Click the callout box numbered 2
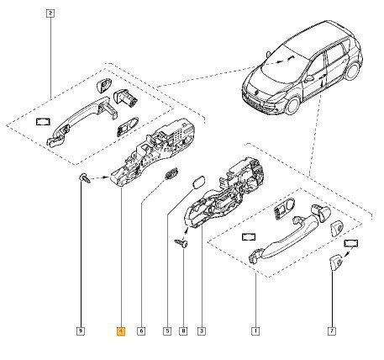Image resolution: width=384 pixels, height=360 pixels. [x=50, y=13]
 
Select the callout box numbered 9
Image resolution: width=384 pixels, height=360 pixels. [x=81, y=331]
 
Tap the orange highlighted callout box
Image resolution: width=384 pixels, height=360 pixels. [x=121, y=331]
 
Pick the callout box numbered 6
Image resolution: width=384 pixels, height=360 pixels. [x=141, y=331]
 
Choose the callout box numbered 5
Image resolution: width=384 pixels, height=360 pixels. [x=167, y=331]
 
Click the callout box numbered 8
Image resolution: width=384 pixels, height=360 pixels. [x=183, y=331]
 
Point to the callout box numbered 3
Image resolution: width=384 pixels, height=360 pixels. [x=202, y=331]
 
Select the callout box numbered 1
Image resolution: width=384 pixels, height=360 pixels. [x=255, y=331]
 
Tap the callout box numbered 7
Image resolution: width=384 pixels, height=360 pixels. [x=332, y=331]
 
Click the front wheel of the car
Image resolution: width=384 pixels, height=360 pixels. [x=292, y=105]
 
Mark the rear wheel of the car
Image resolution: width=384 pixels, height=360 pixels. [x=352, y=70]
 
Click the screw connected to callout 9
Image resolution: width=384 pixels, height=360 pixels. [x=84, y=178]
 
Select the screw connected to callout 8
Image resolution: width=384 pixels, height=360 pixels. [x=181, y=243]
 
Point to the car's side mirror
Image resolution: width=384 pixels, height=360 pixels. [x=309, y=78]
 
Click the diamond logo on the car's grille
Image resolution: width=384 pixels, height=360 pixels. [x=257, y=93]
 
